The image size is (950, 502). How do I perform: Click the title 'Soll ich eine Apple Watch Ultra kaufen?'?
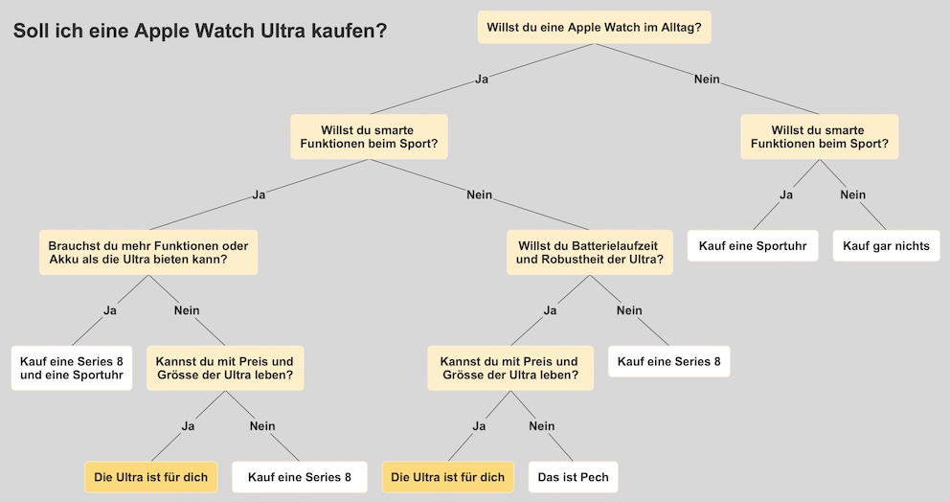200,31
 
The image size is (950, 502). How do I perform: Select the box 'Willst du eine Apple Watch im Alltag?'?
594,27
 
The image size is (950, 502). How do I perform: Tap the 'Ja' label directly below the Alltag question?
482,79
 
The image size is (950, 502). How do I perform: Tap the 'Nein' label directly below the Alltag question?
707,79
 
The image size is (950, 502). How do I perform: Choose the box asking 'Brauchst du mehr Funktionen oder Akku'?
148,252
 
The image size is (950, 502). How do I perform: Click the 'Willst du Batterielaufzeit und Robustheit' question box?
590,252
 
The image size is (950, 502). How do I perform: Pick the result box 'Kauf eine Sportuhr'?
753,245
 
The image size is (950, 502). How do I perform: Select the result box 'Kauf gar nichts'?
886,245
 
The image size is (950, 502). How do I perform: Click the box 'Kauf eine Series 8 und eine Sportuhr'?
72,368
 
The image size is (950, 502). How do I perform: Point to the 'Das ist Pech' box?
573,477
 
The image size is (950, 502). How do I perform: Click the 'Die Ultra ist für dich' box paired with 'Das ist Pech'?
448,477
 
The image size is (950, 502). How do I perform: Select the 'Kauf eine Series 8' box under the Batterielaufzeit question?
668,361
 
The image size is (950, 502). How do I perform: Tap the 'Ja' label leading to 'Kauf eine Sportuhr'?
786,194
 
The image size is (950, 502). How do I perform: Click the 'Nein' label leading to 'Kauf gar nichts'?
852,194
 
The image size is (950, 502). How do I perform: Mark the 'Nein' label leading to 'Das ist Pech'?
542,426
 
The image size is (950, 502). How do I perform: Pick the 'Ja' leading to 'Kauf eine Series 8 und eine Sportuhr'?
110,310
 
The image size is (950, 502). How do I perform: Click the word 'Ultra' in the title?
283,31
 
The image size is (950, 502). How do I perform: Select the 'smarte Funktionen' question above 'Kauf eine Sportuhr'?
819,137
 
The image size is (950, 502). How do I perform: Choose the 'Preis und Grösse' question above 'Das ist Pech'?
510,368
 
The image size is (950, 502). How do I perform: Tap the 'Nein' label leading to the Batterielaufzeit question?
479,194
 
